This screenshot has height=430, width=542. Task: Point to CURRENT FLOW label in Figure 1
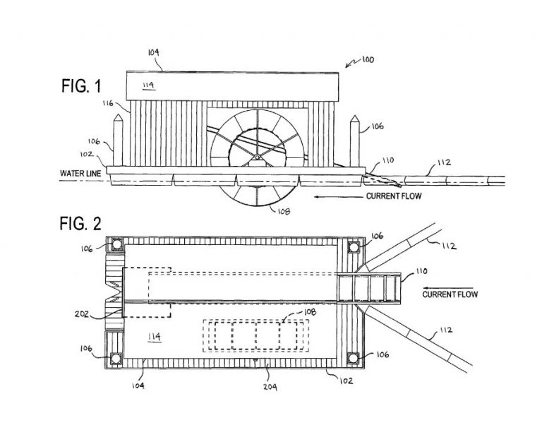point(394,196)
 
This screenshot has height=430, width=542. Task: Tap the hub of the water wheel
point(258,157)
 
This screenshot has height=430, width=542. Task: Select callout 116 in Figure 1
point(108,104)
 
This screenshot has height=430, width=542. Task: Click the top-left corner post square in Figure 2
point(114,245)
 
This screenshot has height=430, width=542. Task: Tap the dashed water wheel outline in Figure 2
point(256,336)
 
